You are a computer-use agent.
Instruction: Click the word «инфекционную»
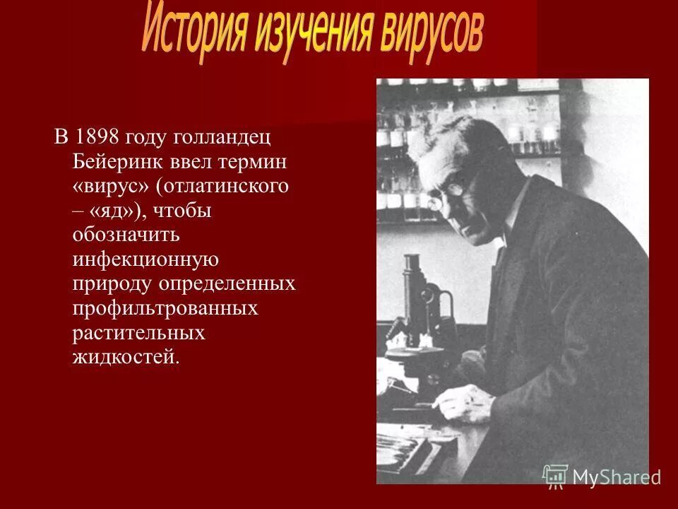point(145,259)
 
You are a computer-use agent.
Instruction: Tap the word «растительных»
point(138,332)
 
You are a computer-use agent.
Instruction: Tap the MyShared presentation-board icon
point(555,476)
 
